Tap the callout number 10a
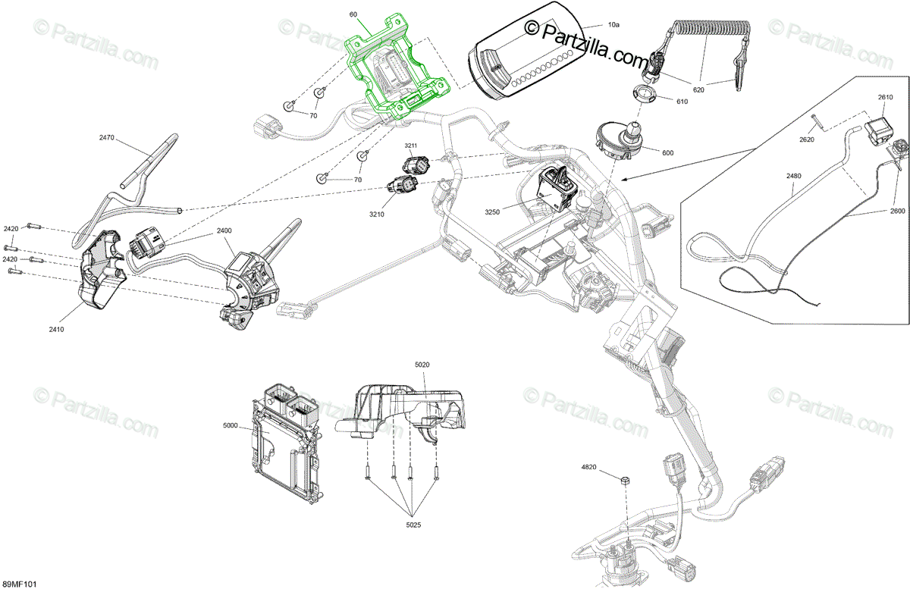(x=613, y=25)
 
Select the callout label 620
(x=698, y=89)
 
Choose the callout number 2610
(x=885, y=97)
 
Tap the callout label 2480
(x=794, y=176)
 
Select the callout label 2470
(x=106, y=137)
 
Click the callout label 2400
(x=224, y=230)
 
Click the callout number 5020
(x=422, y=365)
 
